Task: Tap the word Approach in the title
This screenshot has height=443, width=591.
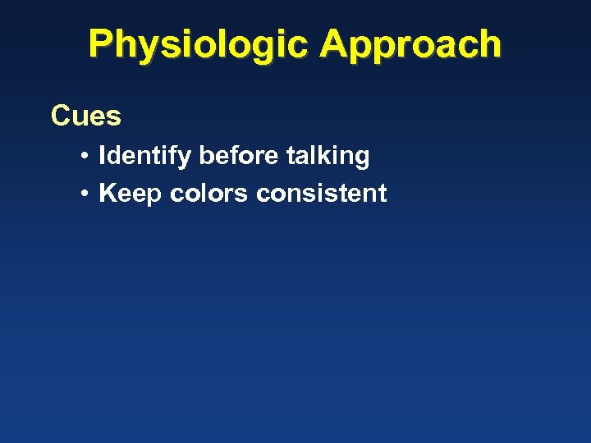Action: click(x=410, y=44)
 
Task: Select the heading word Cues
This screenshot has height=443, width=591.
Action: click(x=86, y=116)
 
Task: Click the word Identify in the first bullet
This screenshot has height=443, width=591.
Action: click(x=144, y=156)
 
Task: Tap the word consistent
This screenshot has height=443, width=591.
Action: click(x=321, y=194)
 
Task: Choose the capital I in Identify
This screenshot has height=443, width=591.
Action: click(x=102, y=156)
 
